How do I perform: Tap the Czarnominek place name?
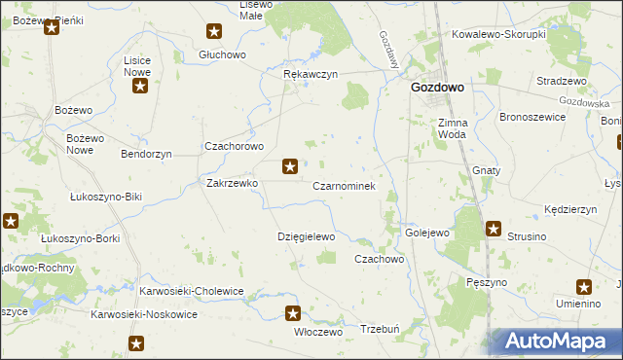[344, 185]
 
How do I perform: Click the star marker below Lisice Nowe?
[139, 87]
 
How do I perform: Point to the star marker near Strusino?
[494, 230]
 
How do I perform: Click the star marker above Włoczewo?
[293, 312]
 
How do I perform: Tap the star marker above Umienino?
[584, 286]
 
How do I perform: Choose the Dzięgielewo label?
[307, 236]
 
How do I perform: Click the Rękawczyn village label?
[310, 74]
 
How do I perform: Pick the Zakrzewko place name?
[231, 182]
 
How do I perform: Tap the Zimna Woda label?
[454, 128]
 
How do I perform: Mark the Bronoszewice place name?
[531, 116]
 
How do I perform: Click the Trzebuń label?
[381, 329]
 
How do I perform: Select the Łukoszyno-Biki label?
[106, 197]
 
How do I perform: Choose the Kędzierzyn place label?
[570, 209]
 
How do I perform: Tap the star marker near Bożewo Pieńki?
[52, 26]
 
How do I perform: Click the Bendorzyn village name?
[146, 154]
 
